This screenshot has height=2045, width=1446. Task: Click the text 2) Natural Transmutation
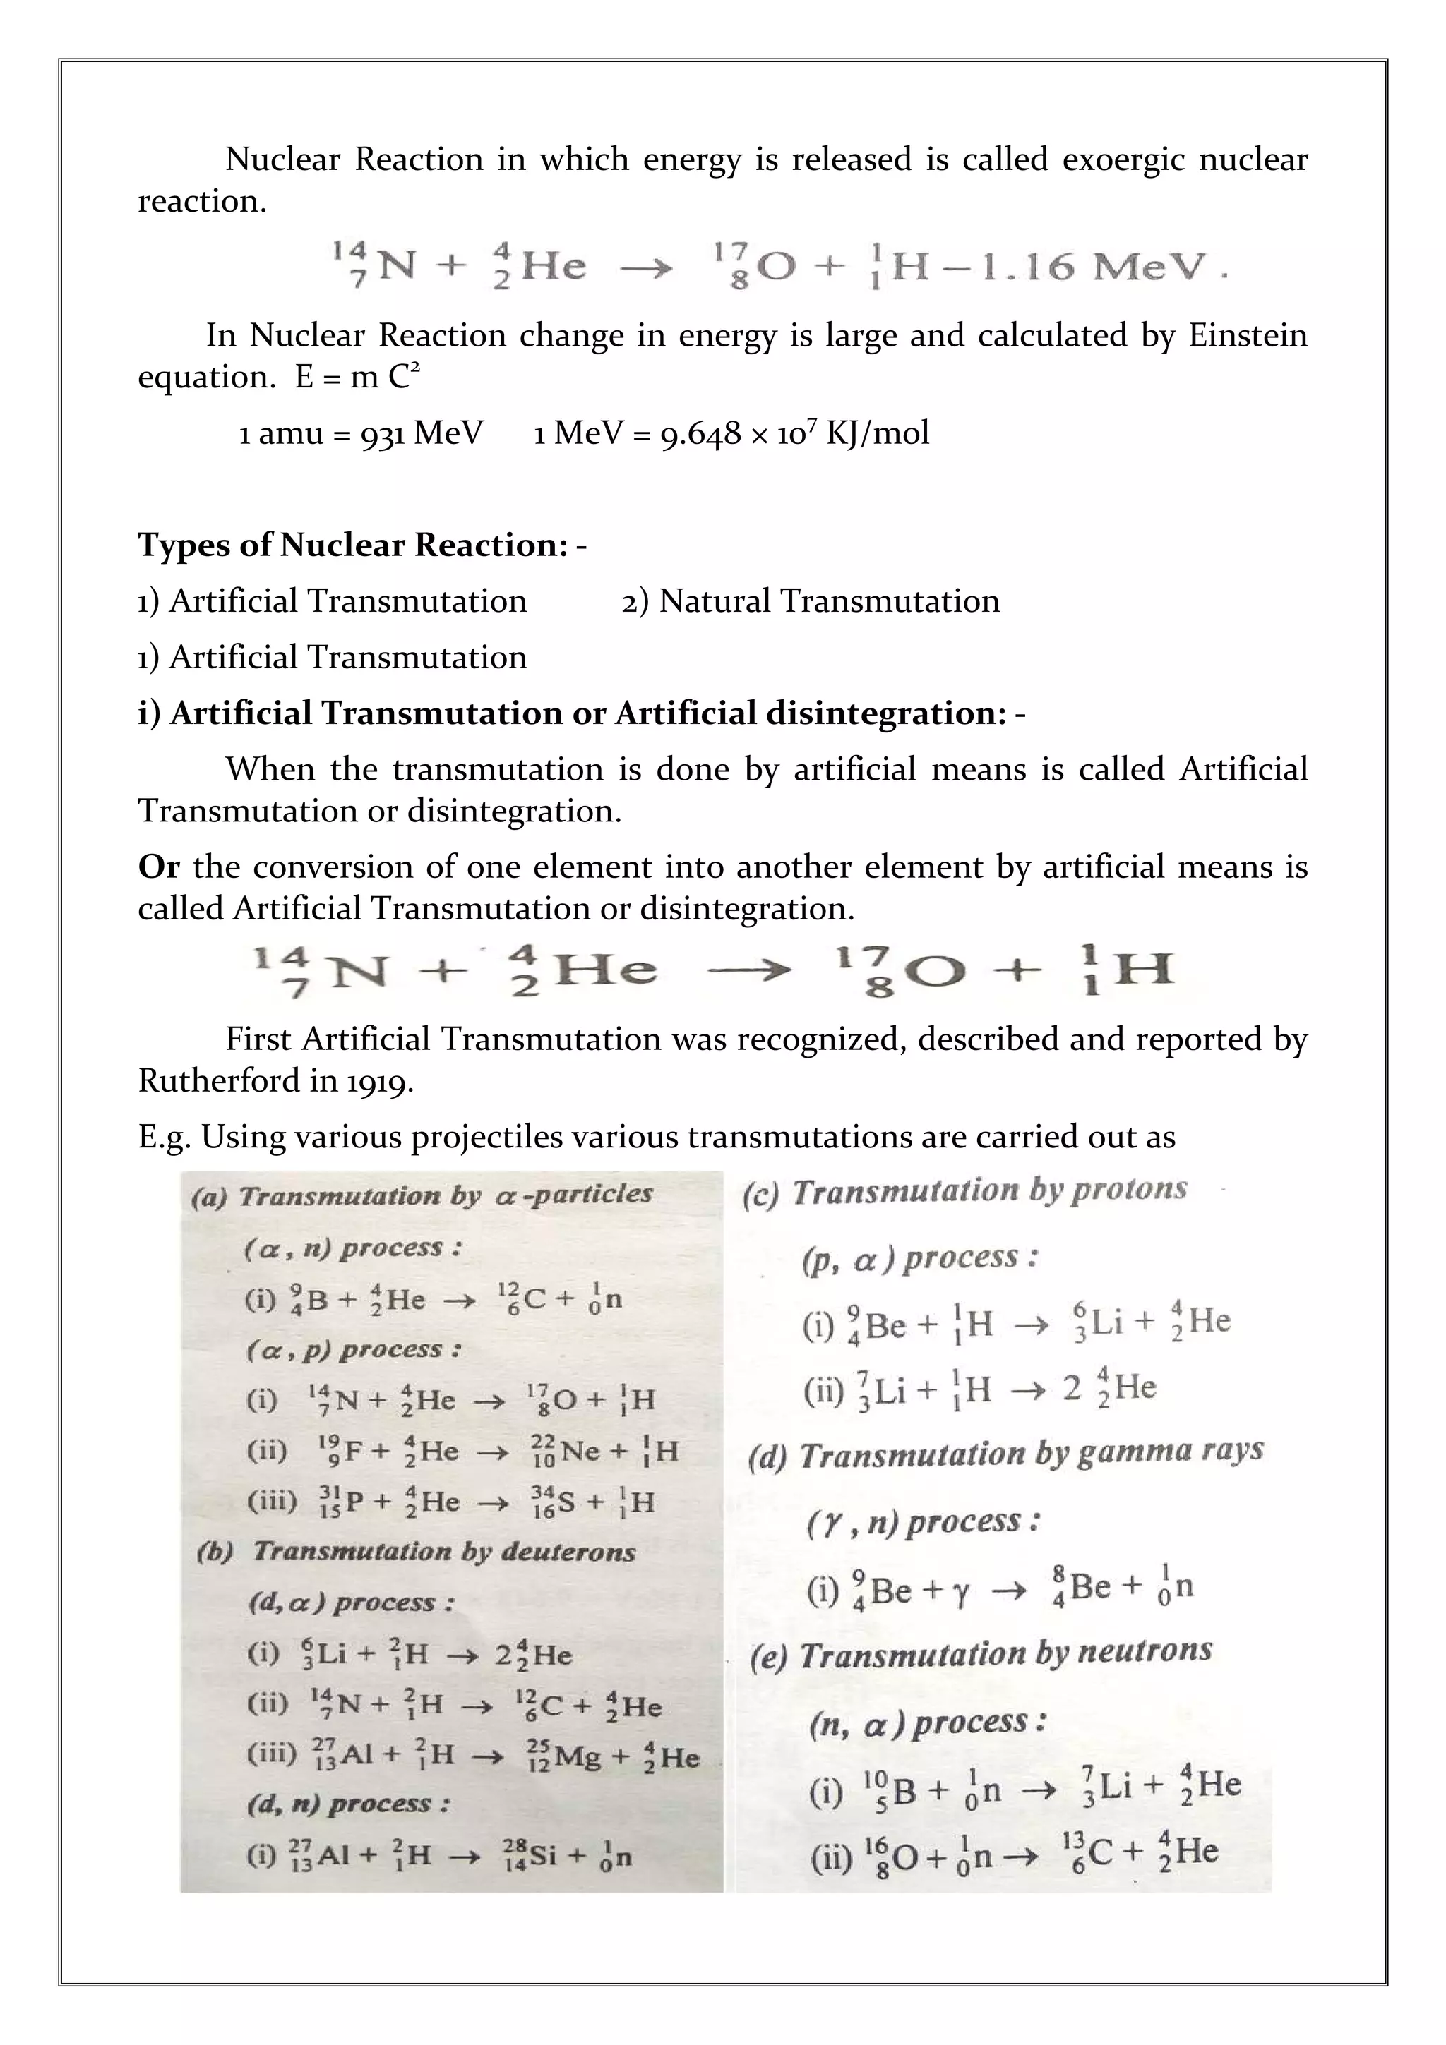(x=811, y=601)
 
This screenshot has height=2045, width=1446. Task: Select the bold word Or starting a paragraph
(x=159, y=867)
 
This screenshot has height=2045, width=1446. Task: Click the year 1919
(x=381, y=1081)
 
